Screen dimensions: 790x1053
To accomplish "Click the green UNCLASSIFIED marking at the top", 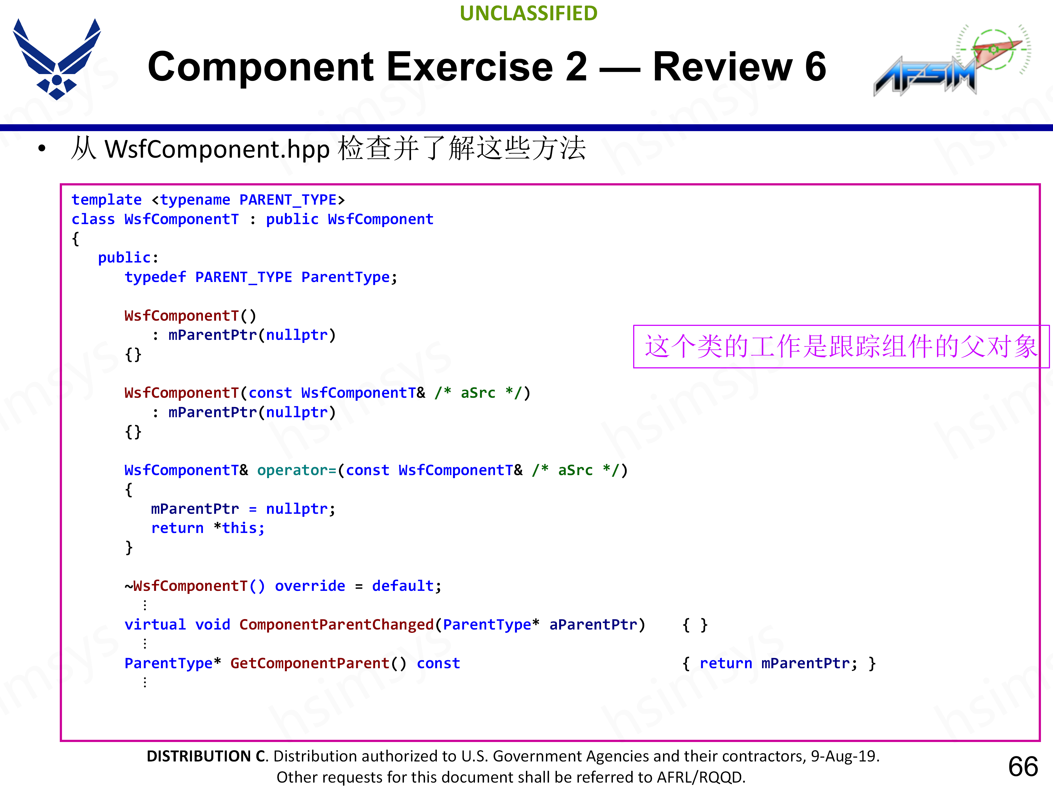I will tap(528, 13).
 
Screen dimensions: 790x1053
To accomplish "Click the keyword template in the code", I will tap(107, 200).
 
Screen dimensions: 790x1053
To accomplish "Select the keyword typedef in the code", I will tap(155, 277).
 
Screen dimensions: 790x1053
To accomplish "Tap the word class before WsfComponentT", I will tap(93, 219).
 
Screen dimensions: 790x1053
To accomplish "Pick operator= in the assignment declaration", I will tap(297, 470).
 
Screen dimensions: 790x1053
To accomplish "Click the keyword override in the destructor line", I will tap(310, 586).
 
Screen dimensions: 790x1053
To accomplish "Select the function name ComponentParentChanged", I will tap(336, 625).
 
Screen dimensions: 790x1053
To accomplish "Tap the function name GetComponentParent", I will tap(310, 663).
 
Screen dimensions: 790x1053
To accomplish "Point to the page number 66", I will tap(1023, 767).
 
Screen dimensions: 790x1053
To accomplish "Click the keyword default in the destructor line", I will tap(403, 586).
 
